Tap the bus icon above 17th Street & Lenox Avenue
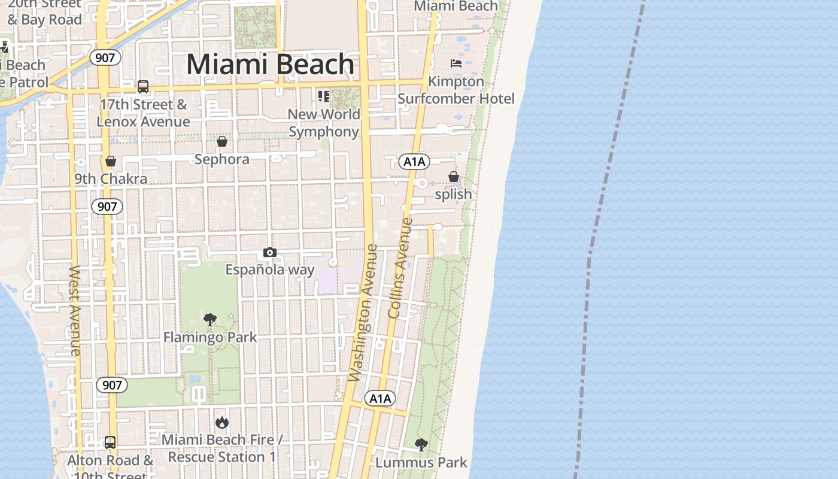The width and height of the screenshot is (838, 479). (x=142, y=87)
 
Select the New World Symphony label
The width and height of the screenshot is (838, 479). (x=324, y=123)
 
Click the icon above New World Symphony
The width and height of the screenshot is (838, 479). (x=324, y=96)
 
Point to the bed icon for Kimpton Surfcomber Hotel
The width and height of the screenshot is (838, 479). (x=456, y=63)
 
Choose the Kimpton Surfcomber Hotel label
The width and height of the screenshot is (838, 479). (x=456, y=90)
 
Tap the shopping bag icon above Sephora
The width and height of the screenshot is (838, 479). (x=222, y=141)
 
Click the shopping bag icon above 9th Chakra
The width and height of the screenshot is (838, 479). (x=110, y=161)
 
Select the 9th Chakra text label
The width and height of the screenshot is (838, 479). (x=110, y=179)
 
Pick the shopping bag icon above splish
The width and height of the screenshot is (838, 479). (x=454, y=177)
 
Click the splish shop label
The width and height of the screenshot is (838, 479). (x=453, y=194)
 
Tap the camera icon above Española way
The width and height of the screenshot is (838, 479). (x=270, y=253)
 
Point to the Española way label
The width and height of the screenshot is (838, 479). (x=269, y=270)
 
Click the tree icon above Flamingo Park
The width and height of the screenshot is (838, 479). (x=209, y=320)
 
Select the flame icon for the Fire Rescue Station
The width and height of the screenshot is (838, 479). (x=222, y=423)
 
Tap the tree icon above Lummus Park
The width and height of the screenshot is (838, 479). (x=421, y=445)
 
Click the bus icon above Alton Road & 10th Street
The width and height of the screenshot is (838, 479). (x=110, y=442)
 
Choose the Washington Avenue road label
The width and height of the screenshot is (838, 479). (x=363, y=313)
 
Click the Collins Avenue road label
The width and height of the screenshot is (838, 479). (x=401, y=268)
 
